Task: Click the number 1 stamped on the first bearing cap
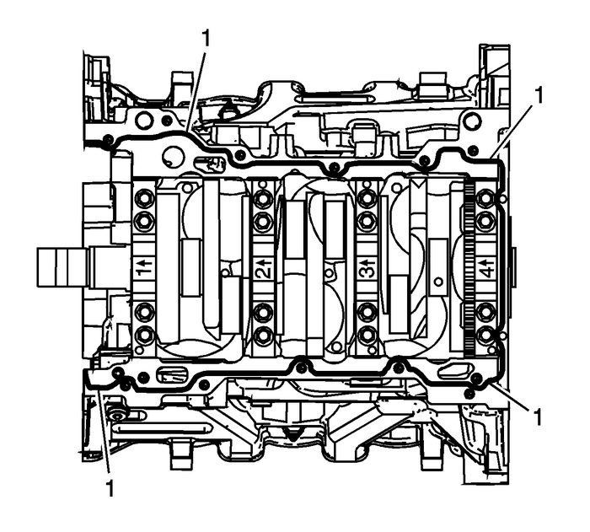point(144,270)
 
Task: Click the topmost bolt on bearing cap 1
point(144,199)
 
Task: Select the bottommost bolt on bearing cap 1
point(144,336)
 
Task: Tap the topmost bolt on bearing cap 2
point(262,199)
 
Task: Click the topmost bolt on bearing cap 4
point(485,199)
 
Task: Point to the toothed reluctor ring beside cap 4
point(469,270)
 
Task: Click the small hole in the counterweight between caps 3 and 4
point(437,281)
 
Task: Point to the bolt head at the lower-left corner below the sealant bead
point(117,415)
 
